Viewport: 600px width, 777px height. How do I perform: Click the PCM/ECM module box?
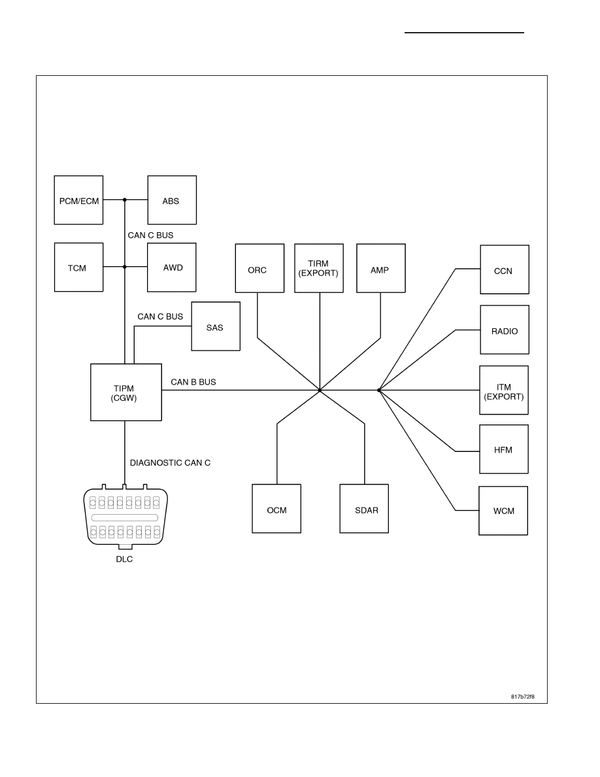point(78,200)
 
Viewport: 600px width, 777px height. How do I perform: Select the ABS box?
point(172,200)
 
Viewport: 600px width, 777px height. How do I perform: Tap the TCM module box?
point(78,267)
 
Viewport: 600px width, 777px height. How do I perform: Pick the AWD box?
point(172,267)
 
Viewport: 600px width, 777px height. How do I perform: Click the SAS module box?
point(216,326)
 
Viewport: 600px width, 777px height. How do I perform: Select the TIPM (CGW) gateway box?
point(126,392)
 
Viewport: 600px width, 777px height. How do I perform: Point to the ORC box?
point(259,268)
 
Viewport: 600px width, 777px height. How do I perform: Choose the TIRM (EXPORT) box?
point(319,268)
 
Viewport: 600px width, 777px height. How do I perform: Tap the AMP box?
point(380,268)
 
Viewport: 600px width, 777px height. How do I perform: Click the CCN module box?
point(505,269)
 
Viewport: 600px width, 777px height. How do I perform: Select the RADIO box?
point(505,330)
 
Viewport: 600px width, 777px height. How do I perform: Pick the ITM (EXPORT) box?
point(504,390)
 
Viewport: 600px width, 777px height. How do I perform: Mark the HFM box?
point(504,449)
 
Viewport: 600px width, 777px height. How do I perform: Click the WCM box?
point(503,510)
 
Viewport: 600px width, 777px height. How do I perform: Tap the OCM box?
point(276,508)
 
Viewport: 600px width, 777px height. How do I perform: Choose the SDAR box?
point(364,508)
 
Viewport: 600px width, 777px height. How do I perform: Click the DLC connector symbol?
point(125,517)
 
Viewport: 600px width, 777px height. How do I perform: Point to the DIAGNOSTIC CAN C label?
point(171,463)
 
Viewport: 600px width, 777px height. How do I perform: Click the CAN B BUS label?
point(193,382)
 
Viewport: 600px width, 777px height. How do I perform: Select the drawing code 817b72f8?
point(523,697)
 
